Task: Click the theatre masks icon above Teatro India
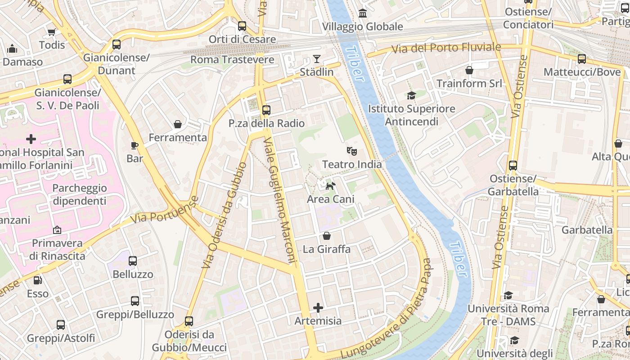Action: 352,151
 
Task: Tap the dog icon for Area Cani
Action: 330,186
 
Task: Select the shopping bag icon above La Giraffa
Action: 327,236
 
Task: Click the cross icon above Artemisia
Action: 318,308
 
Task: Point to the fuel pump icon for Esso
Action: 38,280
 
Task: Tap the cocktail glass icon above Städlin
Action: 317,59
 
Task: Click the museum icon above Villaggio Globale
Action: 362,13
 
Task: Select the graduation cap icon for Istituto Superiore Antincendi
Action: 411,95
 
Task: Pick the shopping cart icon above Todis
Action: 51,32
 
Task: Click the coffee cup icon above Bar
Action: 134,145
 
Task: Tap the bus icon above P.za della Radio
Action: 266,110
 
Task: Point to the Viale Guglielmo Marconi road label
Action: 280,201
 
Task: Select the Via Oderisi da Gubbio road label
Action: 224,215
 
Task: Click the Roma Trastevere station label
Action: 232,60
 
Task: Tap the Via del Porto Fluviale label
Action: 445,48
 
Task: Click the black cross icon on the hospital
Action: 31,139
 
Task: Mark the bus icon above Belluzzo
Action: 133,261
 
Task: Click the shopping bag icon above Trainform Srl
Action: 469,70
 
